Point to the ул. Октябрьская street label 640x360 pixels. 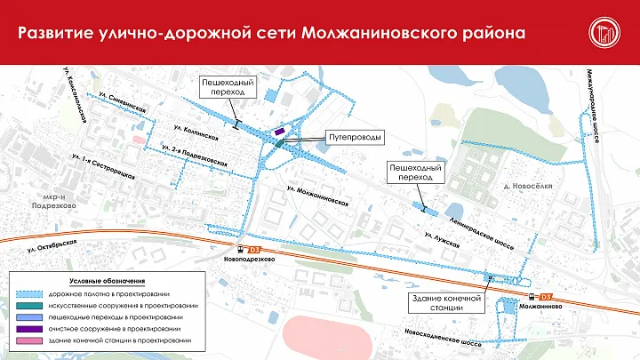pyautogui.click(x=55, y=244)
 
